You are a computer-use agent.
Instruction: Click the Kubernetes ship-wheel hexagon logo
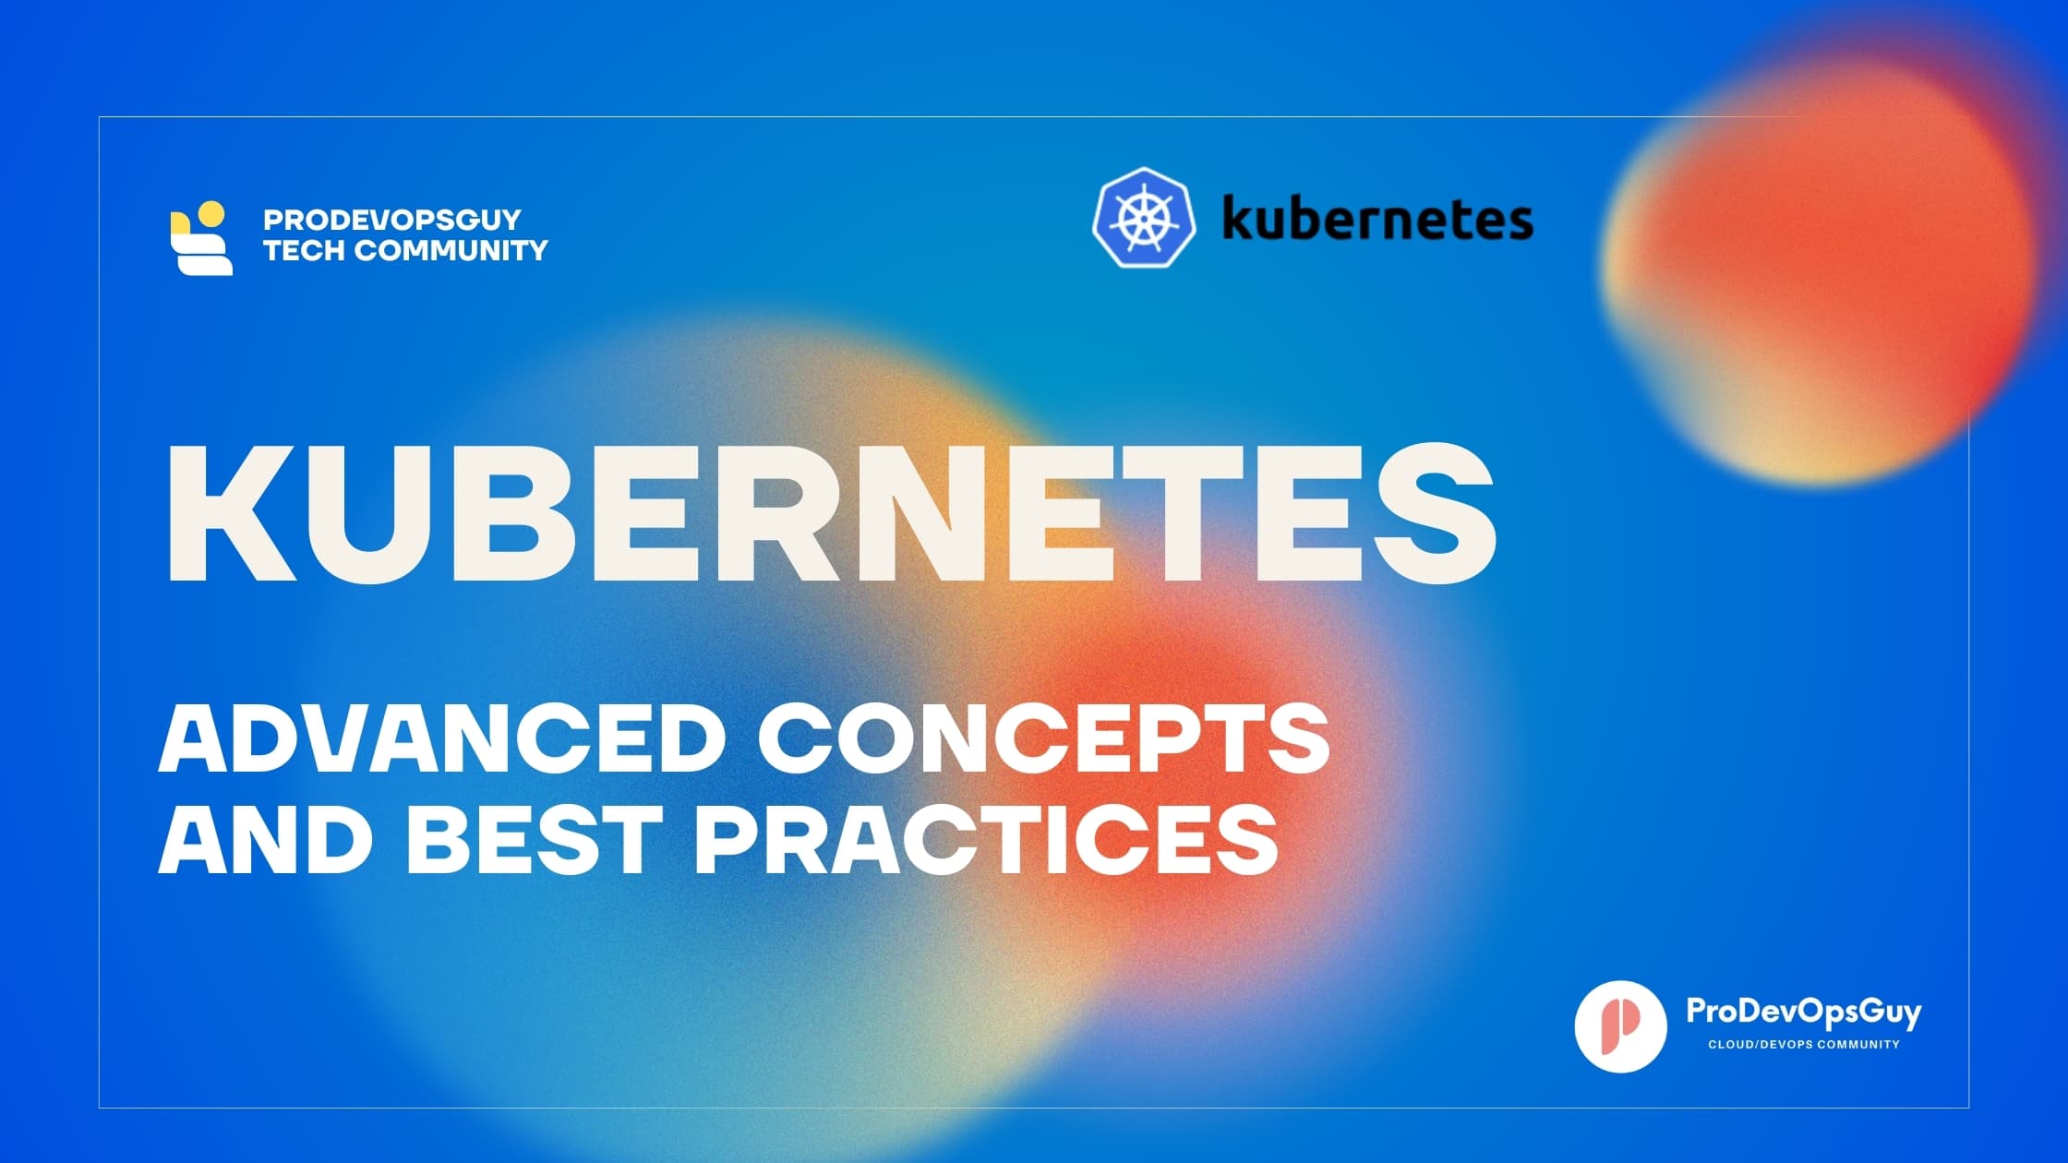pos(1144,218)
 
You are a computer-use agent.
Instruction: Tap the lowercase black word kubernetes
pos(1377,221)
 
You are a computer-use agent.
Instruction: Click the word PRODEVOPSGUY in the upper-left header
pos(392,220)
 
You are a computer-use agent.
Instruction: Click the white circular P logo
pos(1620,1026)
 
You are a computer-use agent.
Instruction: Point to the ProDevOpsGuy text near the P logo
pos(1803,1013)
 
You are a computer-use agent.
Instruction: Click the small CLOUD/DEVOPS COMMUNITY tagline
pos(1803,1045)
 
